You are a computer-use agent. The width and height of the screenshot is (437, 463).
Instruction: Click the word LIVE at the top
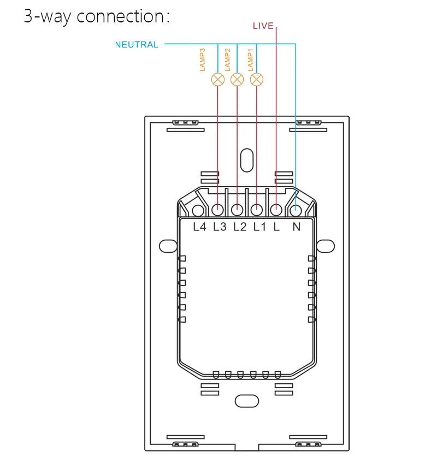263,26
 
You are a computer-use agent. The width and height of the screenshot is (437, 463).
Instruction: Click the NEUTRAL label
137,45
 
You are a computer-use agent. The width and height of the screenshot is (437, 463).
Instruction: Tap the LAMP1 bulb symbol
256,80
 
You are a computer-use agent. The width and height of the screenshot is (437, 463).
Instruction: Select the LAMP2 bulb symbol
237,80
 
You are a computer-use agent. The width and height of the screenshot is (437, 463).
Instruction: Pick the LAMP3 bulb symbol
217,80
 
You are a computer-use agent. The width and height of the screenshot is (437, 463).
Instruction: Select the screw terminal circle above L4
198,210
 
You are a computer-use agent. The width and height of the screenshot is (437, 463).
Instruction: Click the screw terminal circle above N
296,210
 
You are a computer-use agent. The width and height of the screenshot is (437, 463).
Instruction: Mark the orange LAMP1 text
251,60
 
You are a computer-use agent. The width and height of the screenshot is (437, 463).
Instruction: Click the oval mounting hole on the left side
167,246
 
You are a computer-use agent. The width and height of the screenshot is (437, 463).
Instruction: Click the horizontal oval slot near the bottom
246,400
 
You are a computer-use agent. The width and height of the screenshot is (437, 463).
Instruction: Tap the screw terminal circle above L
276,210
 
